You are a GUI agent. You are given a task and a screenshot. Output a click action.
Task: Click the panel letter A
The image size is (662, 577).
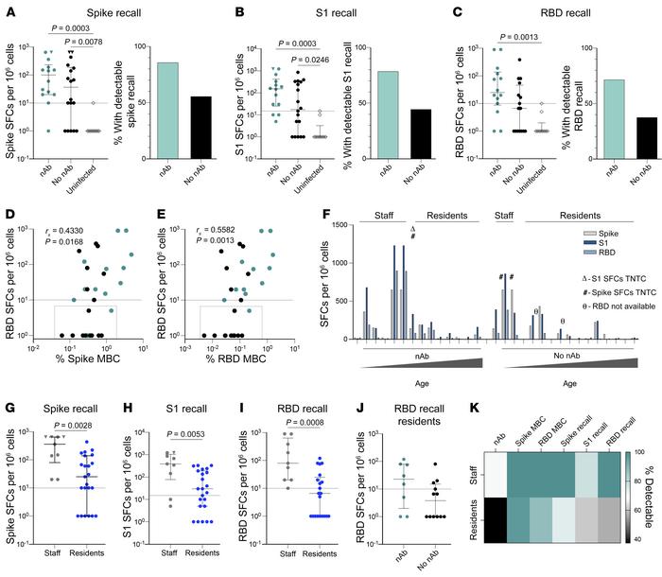pos(8,9)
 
